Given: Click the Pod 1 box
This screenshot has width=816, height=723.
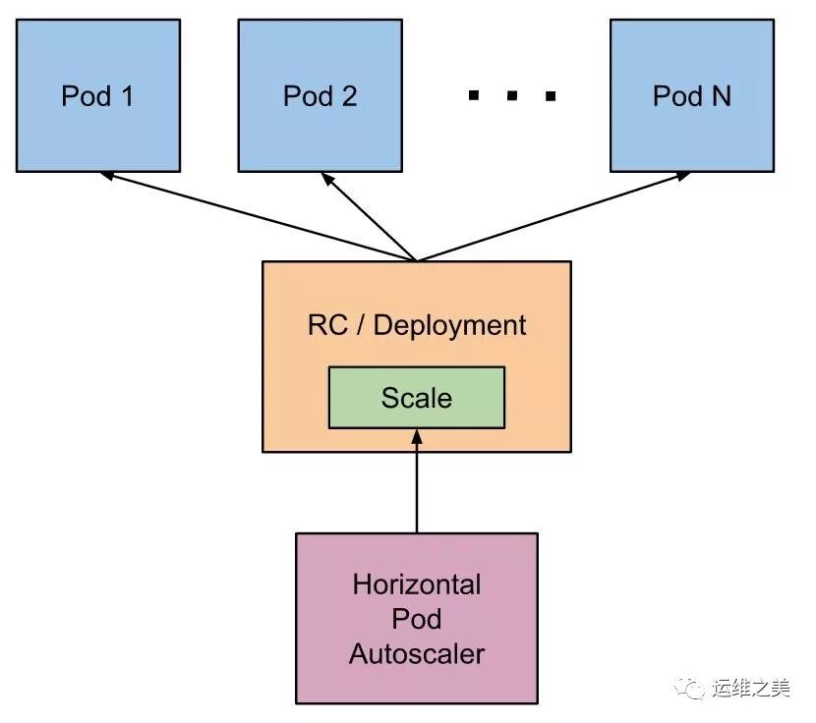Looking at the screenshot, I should pos(98,96).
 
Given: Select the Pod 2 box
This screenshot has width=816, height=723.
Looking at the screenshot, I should pos(321,96).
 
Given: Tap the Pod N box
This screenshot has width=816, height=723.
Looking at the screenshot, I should pos(692,96).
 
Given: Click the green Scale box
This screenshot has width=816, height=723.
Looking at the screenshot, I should pos(417,398).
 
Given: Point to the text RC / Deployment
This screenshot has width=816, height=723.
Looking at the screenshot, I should pos(417,325).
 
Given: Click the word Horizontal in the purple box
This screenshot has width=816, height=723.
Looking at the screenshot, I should pos(417,584).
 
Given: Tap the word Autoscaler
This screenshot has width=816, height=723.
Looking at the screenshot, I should pos(417,653).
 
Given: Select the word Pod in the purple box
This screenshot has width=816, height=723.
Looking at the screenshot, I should pos(417,619).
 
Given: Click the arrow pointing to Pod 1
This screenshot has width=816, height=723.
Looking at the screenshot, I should pos(256,216).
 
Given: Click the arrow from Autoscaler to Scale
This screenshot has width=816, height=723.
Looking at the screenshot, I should pos(417,481).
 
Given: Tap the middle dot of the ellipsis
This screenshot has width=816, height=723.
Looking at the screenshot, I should pos(512,96).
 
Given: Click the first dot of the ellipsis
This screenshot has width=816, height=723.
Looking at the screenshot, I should pos(474,96).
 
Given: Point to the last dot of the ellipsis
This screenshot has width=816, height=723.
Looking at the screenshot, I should pos(551,96).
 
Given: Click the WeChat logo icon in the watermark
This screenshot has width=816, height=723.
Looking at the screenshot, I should pos(696,688).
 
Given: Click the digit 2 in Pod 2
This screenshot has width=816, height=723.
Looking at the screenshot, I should pos(348,96).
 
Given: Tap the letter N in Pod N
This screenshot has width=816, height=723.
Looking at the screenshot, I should pos(721,96).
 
